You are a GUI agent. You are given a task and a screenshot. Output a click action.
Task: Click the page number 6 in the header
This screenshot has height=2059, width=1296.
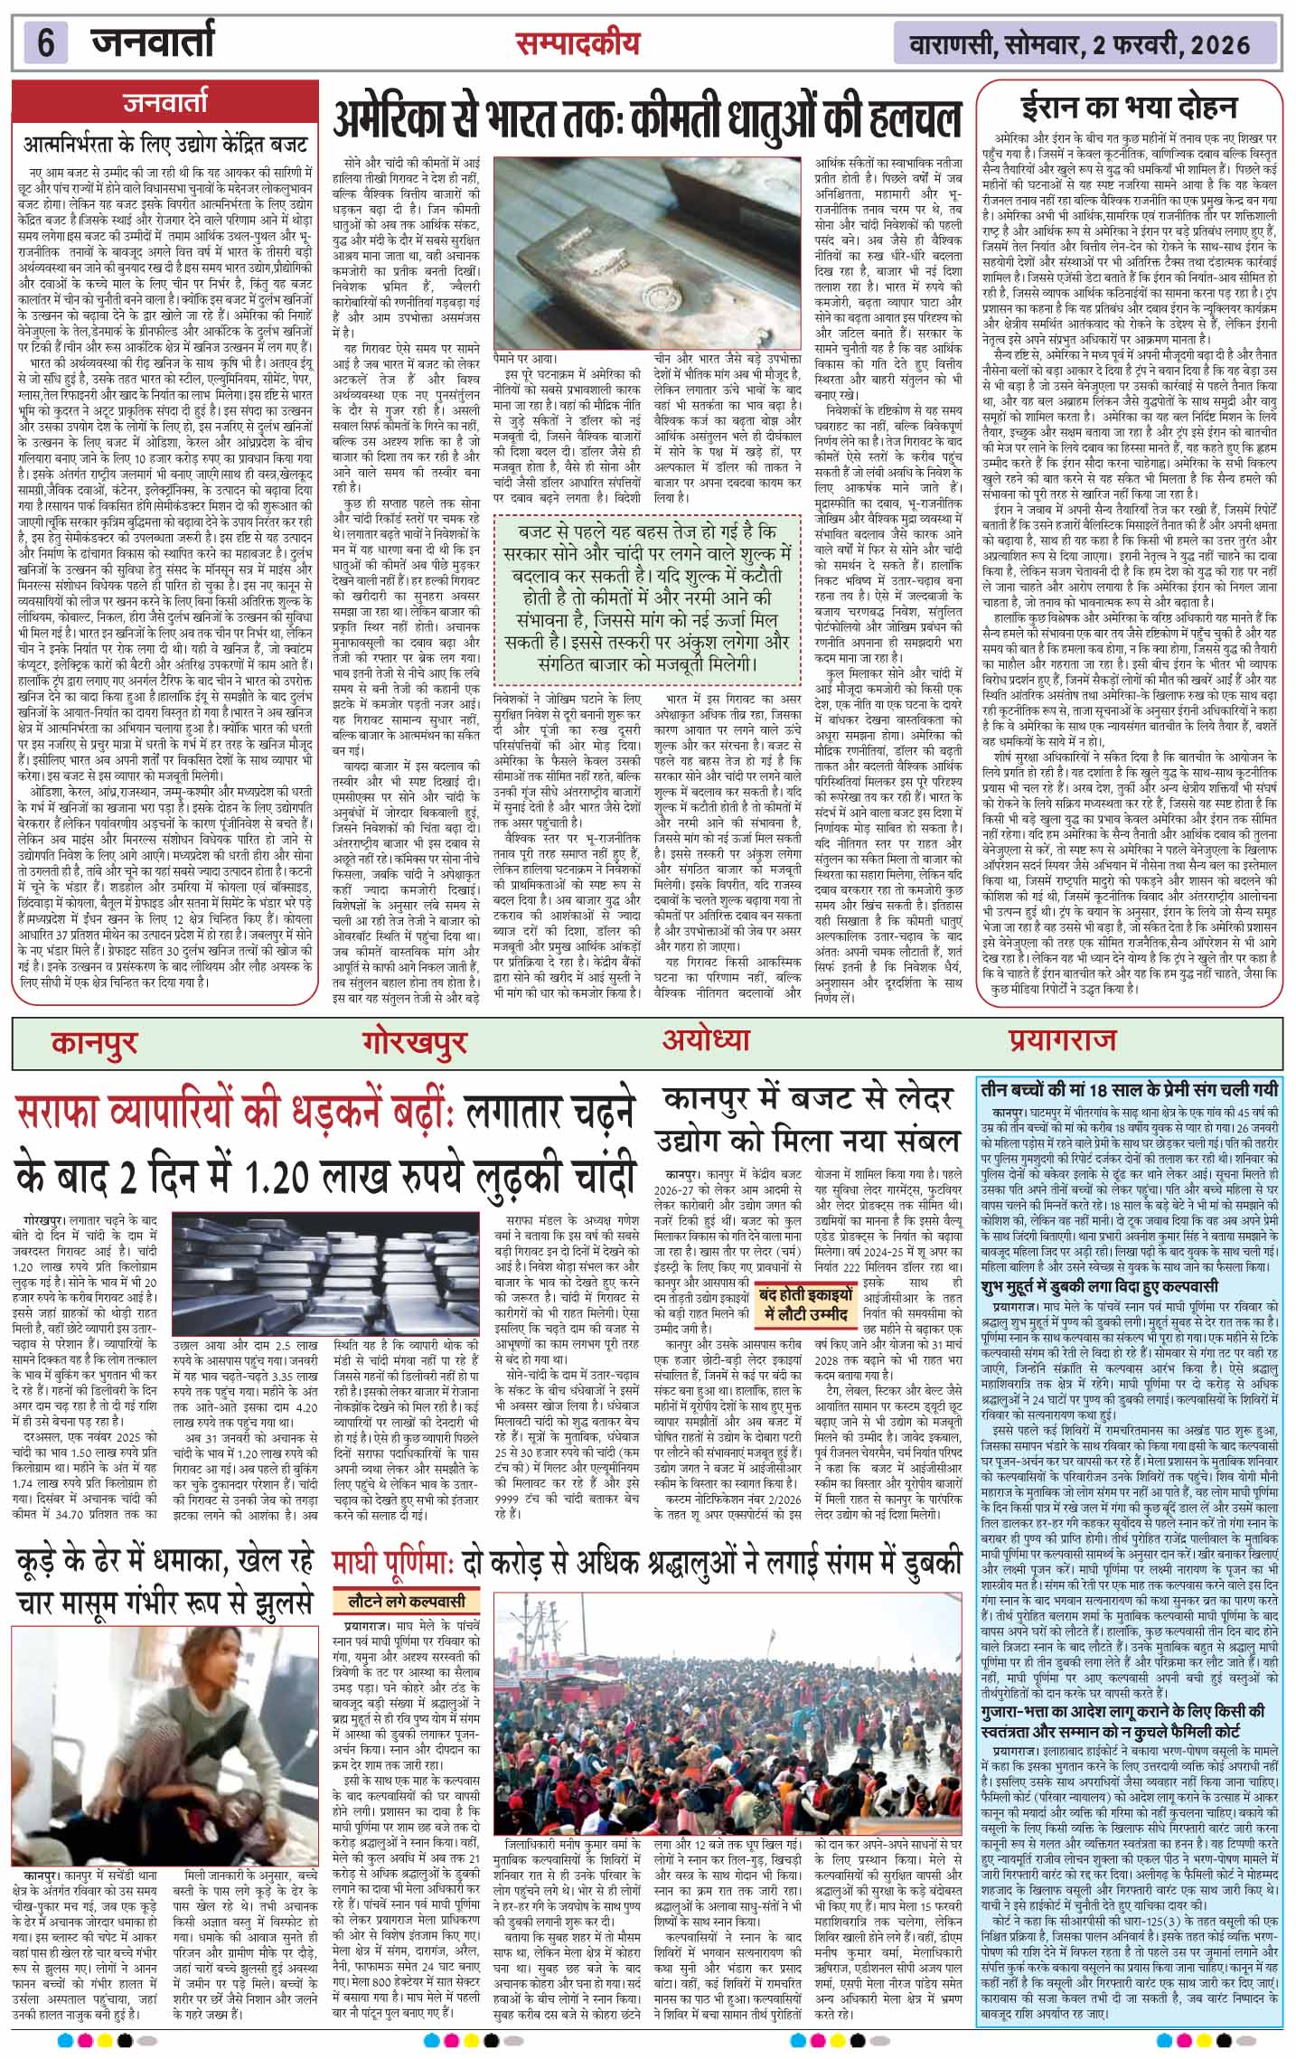coord(46,42)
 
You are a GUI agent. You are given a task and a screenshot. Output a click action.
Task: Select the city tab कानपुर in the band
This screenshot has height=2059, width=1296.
coord(95,1042)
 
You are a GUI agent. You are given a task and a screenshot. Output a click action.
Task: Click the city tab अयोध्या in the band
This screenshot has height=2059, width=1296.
coord(706,1039)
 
